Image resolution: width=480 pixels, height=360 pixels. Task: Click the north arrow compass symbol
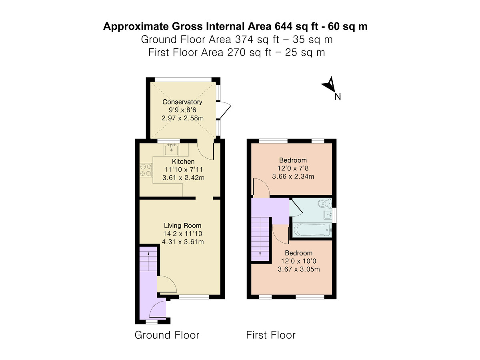pos(329,85)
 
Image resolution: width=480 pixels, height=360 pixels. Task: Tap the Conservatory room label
pos(182,102)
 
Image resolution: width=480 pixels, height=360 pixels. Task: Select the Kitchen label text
pos(183,162)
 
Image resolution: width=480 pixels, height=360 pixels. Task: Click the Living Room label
pos(182,225)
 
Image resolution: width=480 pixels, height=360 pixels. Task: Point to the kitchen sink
pos(172,149)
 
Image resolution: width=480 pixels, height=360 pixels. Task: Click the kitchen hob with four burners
pos(146,170)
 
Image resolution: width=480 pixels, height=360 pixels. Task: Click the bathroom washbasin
pos(328,214)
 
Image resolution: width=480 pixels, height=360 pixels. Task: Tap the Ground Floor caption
pos(167,335)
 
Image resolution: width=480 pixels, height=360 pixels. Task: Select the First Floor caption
pos(271,335)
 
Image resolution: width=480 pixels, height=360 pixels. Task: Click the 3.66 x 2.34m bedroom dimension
pos(293,176)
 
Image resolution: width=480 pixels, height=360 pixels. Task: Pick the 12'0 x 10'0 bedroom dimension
pos(298,261)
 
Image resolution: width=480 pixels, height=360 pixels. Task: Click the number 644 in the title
pos(283,26)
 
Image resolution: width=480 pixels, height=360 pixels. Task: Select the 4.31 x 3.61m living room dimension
pos(183,242)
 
